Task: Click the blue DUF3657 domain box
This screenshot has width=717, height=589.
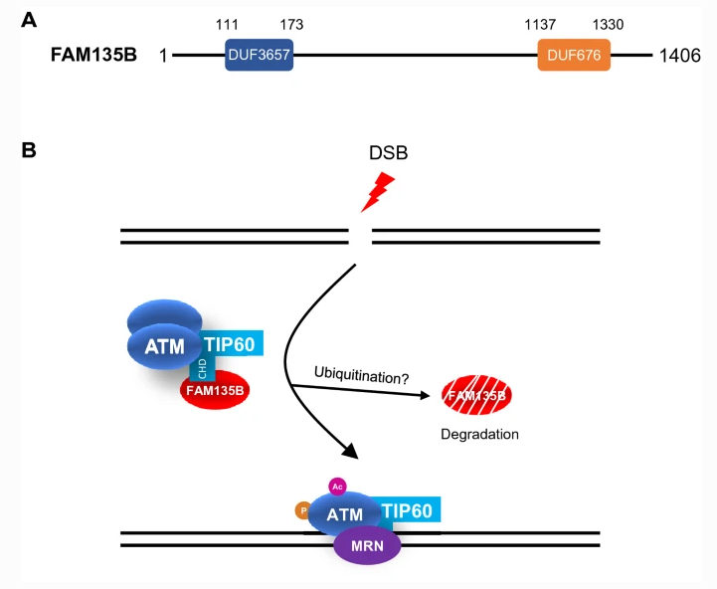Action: pos(259,56)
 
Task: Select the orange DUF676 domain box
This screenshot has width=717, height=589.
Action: pos(574,56)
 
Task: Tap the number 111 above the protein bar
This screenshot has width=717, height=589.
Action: pos(229,24)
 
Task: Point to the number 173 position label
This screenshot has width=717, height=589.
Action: pos(291,24)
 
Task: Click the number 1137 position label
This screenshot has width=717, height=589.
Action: pos(540,24)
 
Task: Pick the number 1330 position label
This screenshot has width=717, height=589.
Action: pos(608,24)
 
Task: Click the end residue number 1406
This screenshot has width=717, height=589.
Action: pos(680,56)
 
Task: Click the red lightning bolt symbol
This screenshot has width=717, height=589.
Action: pos(377,193)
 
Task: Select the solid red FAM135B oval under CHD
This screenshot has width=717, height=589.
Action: pos(214,390)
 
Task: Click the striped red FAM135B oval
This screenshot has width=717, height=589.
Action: pos(477,396)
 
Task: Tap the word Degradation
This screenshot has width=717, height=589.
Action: pos(479,435)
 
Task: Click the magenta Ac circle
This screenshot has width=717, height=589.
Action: pos(338,488)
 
